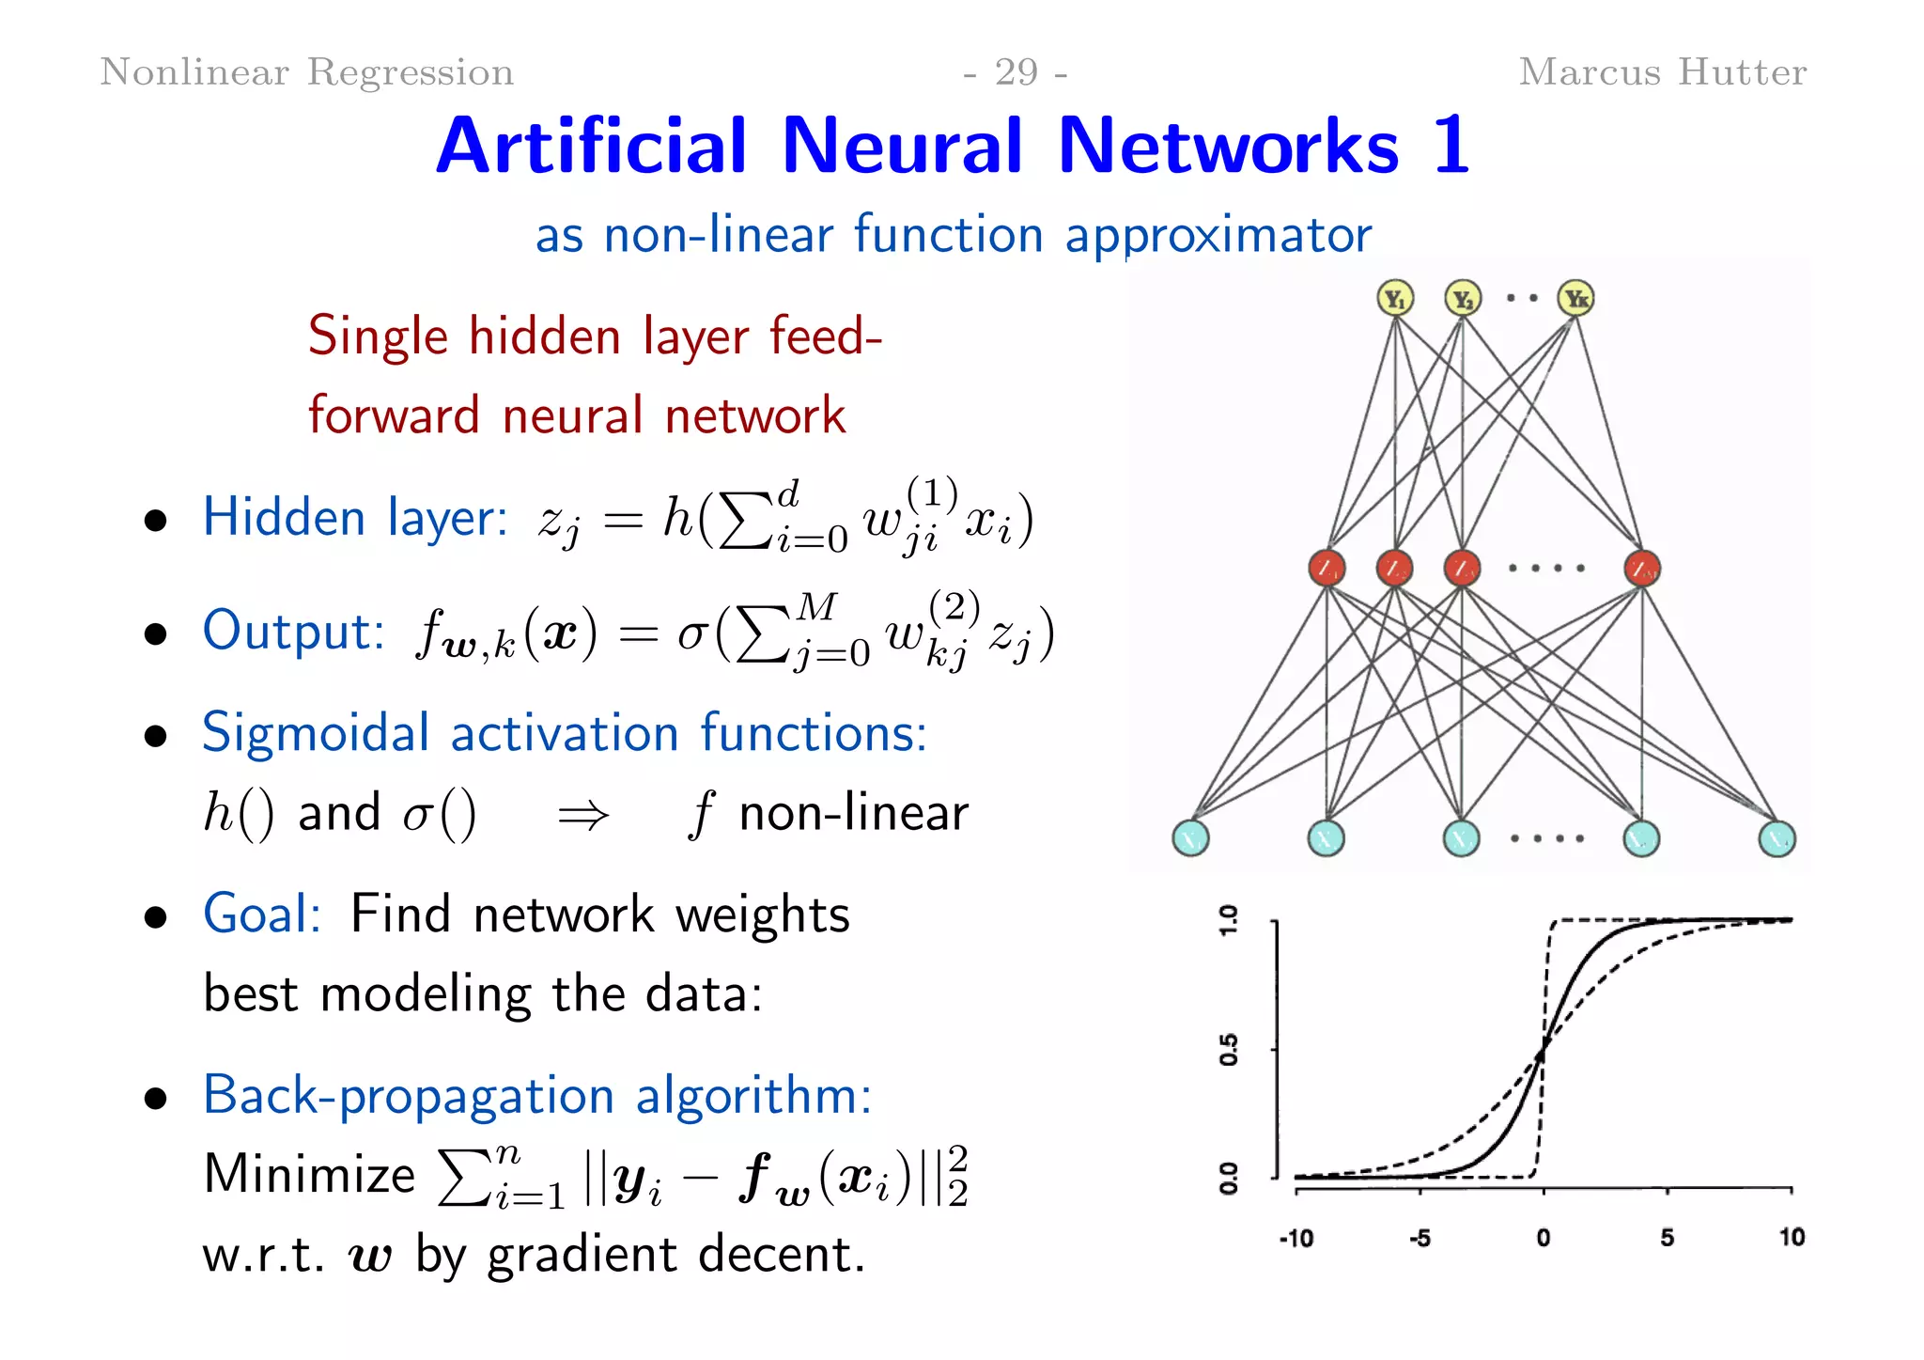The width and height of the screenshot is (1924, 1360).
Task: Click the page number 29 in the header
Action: (1016, 72)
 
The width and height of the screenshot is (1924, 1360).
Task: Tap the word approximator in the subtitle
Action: (1218, 235)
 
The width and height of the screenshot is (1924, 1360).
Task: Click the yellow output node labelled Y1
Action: (1395, 299)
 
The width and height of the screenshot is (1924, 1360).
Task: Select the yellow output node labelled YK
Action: (1575, 299)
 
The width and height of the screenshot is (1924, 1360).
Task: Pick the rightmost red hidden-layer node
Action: (1642, 568)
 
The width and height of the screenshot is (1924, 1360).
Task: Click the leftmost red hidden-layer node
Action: (1327, 568)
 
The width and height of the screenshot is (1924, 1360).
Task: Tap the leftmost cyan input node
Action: (1190, 837)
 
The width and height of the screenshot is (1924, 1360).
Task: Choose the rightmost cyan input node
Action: (1777, 837)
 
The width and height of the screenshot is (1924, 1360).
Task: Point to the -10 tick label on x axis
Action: (1296, 1238)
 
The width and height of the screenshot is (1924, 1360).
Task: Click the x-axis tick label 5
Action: (1667, 1237)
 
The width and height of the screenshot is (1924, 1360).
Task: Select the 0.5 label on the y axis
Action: (1229, 1049)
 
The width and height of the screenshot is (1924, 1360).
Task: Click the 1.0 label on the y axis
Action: (1229, 920)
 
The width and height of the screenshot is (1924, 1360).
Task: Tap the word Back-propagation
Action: (409, 1096)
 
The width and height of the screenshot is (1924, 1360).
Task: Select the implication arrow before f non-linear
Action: (582, 815)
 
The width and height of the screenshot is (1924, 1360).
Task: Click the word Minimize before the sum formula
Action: (309, 1175)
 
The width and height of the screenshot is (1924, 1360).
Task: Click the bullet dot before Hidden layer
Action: (156, 521)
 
